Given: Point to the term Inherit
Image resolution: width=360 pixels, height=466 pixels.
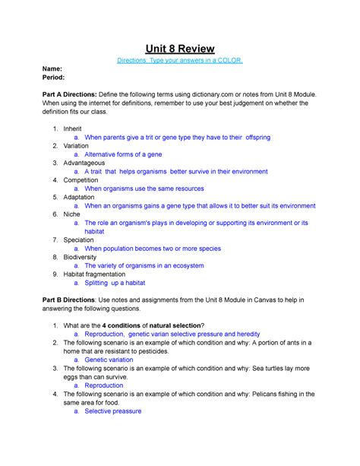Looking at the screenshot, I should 74,128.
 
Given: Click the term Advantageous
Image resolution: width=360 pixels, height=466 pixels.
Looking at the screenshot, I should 86,163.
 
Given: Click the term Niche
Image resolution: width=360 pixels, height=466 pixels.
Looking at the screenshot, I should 72,214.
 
